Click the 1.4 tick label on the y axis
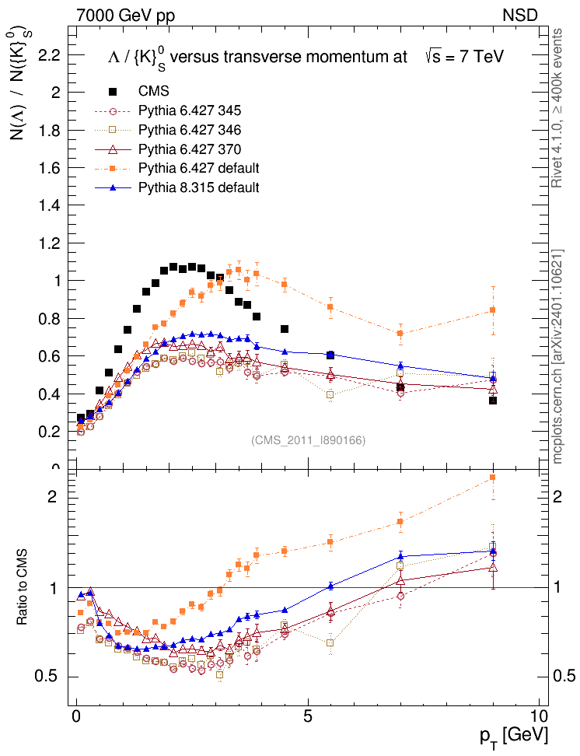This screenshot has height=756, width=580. tap(49, 205)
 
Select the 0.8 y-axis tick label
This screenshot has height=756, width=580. tap(49, 318)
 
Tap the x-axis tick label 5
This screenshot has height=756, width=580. tap(308, 716)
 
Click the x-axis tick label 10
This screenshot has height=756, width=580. tap(539, 716)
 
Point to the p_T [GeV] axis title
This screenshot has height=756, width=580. tap(515, 735)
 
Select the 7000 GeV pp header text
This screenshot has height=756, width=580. tap(125, 14)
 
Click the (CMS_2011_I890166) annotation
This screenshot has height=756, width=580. tap(308, 440)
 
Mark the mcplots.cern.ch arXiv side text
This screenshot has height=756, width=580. tap(557, 358)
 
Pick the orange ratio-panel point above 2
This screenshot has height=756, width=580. tap(492, 478)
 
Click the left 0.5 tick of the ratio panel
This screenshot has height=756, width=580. tap(48, 677)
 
